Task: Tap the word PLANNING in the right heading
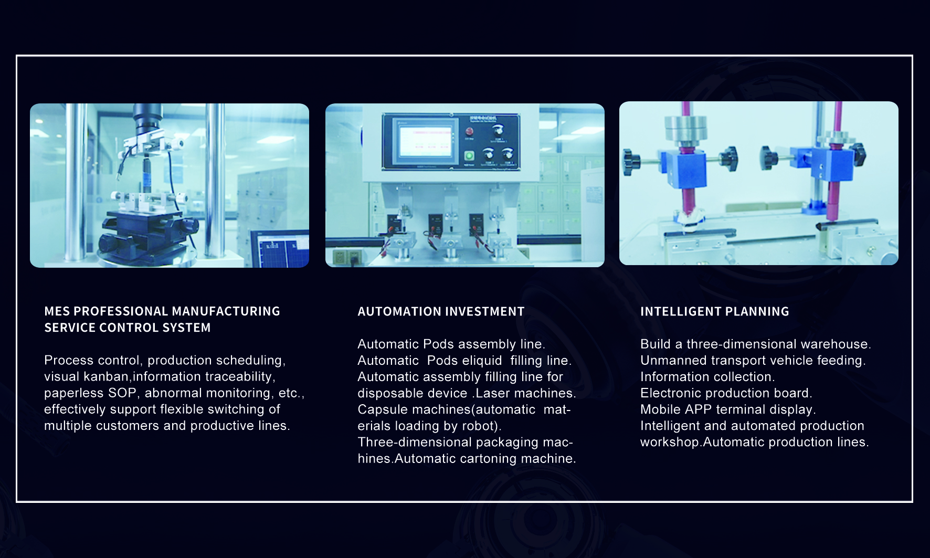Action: point(758,312)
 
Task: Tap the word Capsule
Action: point(381,409)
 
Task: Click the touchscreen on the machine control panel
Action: point(425,141)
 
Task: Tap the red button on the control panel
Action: point(470,131)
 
